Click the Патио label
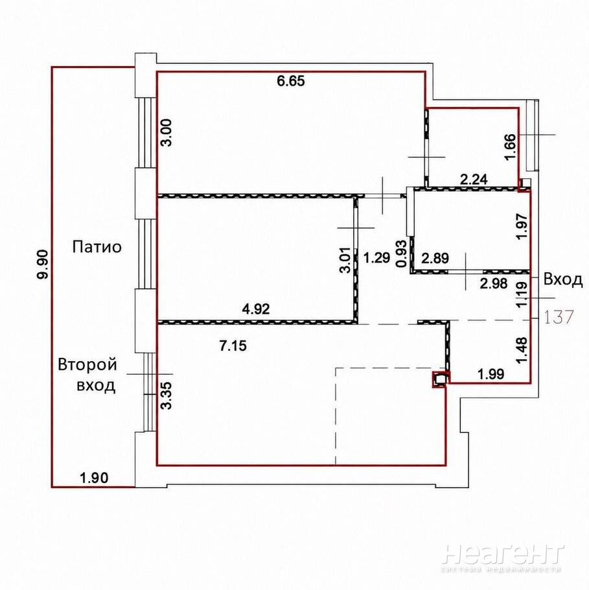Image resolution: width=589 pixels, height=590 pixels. coord(97,247)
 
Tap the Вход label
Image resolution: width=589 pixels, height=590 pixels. coord(563,279)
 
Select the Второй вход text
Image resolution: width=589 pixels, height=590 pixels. coord(87,375)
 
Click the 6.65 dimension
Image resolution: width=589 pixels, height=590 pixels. coord(290,81)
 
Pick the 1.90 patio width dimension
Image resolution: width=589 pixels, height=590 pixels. coord(94,478)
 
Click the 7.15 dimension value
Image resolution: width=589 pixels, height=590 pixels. coord(233,346)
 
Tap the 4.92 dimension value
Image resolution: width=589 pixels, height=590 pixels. coord(256,309)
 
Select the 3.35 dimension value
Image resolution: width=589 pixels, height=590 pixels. coord(166,395)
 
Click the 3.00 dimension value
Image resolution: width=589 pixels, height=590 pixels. coord(166,132)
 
